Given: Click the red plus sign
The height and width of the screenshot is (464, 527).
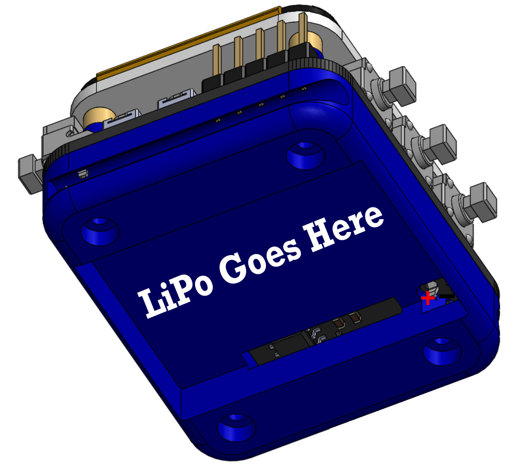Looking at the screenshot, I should pyautogui.click(x=428, y=298).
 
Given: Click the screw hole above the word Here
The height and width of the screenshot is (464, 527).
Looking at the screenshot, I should pyautogui.click(x=305, y=155).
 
